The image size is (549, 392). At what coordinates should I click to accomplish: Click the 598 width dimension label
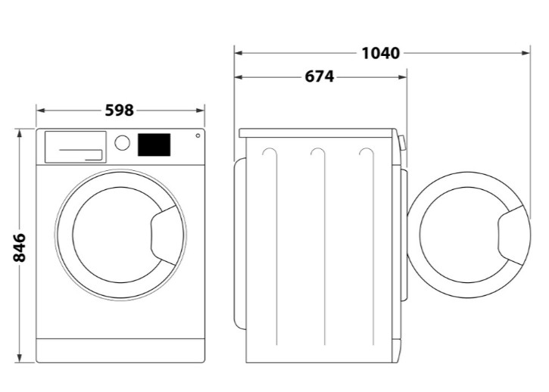click(120, 110)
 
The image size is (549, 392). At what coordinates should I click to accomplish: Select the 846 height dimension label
click(20, 247)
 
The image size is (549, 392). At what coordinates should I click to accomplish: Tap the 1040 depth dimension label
click(380, 53)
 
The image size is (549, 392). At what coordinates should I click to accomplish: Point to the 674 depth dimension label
click(320, 76)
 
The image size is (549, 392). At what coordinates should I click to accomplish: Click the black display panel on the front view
click(154, 144)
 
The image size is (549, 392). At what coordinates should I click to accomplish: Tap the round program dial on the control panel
click(123, 142)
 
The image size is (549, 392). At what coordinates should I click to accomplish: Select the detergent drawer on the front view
click(75, 146)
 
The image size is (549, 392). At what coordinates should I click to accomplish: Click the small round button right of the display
click(198, 135)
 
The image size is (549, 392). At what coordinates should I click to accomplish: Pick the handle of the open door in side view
click(511, 236)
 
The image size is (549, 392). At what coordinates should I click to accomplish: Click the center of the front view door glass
click(114, 235)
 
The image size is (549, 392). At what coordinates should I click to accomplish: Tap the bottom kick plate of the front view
click(120, 350)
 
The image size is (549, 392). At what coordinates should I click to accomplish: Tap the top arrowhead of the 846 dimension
click(20, 132)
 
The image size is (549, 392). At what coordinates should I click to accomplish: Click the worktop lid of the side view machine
click(318, 132)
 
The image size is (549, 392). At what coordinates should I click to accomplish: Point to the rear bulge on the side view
click(239, 242)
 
